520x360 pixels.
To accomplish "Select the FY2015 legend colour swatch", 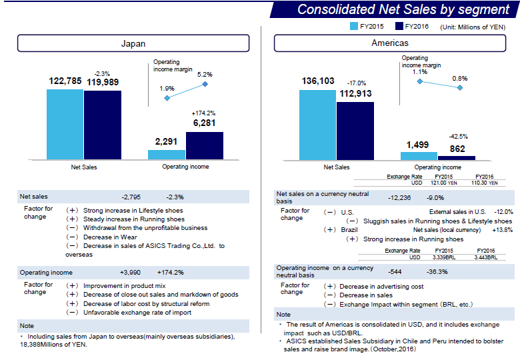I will click(x=354, y=27).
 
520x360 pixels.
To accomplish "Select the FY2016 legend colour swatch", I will click(x=399, y=27).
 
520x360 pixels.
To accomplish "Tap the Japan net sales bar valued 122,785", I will click(x=65, y=124).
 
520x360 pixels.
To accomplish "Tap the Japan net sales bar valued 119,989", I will click(x=103, y=125).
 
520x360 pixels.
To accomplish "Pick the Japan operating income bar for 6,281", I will click(x=204, y=145).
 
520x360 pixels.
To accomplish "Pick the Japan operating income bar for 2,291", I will click(x=167, y=154).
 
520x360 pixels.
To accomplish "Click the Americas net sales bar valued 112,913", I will click(x=355, y=131).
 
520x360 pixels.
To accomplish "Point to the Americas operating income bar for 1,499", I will click(x=419, y=155).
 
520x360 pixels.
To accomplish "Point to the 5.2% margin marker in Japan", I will click(x=205, y=84).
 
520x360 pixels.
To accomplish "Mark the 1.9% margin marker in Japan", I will click(x=167, y=98).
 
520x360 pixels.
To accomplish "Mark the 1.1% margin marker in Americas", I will click(x=419, y=81).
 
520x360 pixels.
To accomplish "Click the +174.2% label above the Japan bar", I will click(x=203, y=113).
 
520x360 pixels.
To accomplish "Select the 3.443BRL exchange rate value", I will click(x=485, y=257).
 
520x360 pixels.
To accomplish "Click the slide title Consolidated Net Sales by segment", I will click(x=403, y=9).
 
